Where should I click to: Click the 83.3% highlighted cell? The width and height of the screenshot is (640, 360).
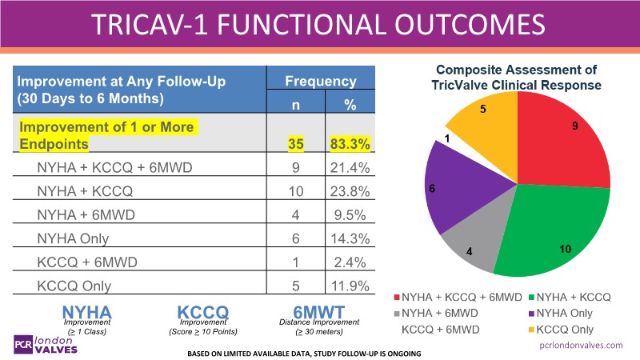(349, 144)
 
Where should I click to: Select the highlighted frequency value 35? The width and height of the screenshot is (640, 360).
(298, 144)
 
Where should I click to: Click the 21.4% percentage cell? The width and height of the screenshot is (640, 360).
(349, 168)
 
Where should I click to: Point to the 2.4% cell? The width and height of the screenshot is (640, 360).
(349, 262)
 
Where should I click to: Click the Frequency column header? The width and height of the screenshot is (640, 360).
(321, 81)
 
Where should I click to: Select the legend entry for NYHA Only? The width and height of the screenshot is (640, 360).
(575, 313)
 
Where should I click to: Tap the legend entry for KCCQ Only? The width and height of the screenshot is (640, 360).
(575, 329)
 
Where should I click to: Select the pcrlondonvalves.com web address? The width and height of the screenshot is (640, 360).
(582, 346)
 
